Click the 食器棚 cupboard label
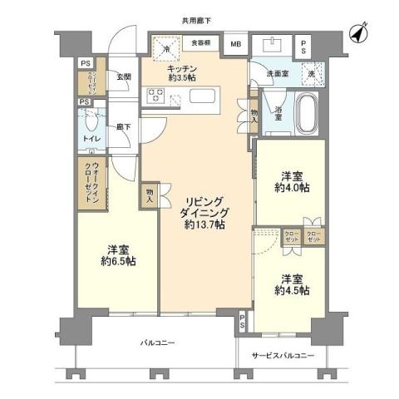[x=200, y=42]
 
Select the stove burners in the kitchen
[x=155, y=96]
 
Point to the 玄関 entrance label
[x=124, y=76]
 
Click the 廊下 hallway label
[x=123, y=126]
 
